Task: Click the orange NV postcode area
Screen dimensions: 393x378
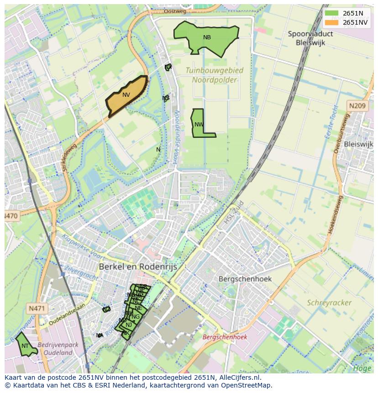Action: (x=126, y=95)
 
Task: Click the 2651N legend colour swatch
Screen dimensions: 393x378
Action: (x=332, y=13)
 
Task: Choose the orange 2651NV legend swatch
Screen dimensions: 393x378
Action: (x=332, y=22)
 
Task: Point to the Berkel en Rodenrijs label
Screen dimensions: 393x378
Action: (x=138, y=267)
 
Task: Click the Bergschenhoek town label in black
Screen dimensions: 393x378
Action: (x=245, y=278)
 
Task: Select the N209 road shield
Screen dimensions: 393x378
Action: (x=357, y=106)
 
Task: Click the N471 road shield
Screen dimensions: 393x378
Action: (x=37, y=309)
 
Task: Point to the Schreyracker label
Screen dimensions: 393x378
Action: (x=329, y=303)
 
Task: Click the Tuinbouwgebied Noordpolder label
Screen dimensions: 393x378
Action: (x=215, y=75)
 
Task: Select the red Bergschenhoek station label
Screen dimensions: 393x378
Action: (x=224, y=337)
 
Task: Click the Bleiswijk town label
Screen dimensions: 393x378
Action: (x=358, y=144)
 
